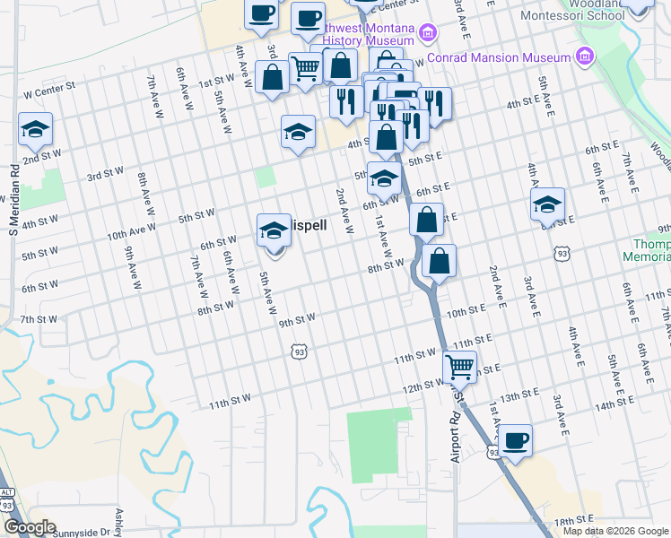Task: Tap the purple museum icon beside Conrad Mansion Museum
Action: pos(586,57)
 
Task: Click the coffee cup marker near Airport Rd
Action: pos(516,442)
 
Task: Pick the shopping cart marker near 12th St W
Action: pos(460,366)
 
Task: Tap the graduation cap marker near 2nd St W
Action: pos(36,131)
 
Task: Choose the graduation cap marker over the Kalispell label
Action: pos(274,231)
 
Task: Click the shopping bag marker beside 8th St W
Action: pos(439,262)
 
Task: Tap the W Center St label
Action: pos(48,92)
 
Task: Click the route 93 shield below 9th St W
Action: pos(299,351)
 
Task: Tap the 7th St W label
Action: pos(39,319)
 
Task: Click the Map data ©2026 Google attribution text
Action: pos(614,531)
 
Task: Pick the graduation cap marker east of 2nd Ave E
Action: pos(547,205)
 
